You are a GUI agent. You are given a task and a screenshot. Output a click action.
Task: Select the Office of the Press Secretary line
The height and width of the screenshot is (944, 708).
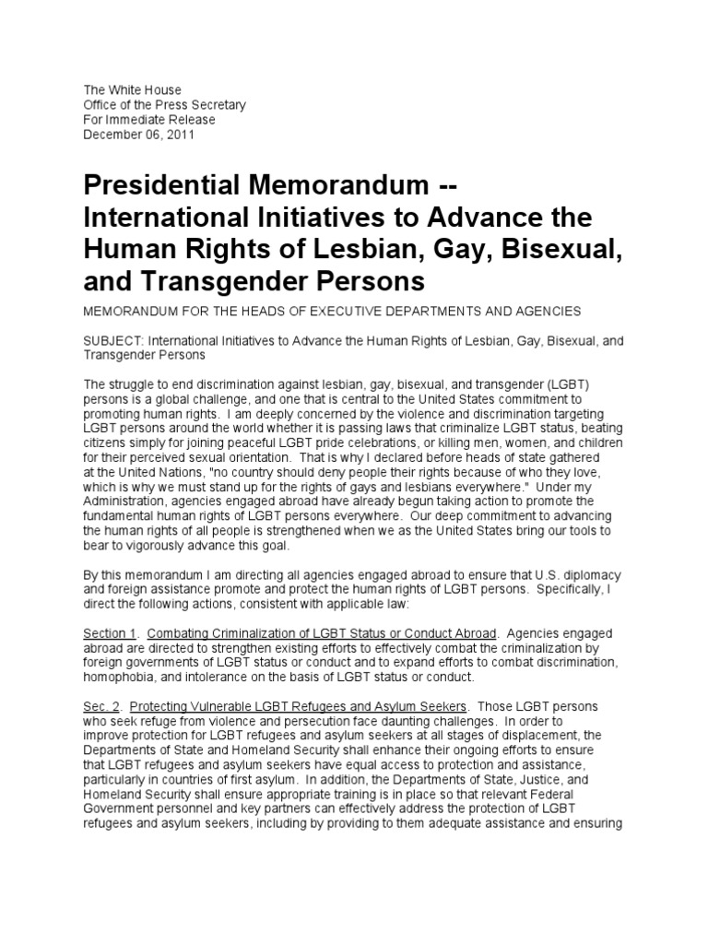[x=165, y=105]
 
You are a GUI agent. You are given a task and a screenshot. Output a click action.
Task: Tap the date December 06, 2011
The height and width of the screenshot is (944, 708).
[x=139, y=135]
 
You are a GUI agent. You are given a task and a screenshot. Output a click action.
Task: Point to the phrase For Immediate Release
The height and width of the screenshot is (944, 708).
[x=149, y=120]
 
